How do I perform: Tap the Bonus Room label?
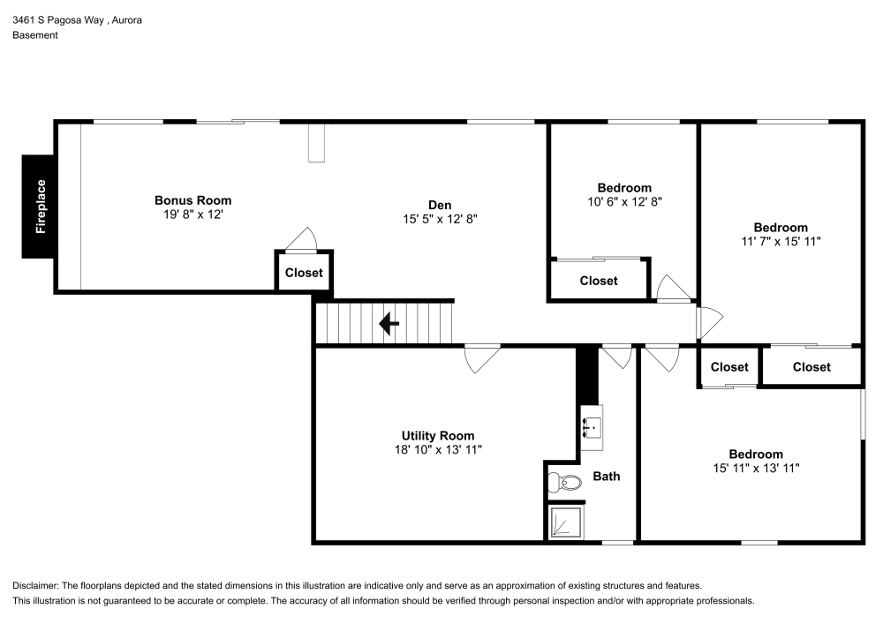point(192,200)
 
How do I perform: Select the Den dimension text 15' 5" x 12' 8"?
point(441,218)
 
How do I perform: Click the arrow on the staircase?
point(389,324)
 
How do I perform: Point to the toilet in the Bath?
point(565,483)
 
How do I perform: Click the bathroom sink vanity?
point(592,427)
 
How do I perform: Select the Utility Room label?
point(438,435)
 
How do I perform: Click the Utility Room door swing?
point(482,357)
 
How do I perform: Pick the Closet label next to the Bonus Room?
point(304,273)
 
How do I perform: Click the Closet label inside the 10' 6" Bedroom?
point(599,281)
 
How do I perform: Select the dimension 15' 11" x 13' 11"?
point(756,469)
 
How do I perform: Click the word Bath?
point(606,477)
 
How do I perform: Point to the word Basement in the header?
point(35,35)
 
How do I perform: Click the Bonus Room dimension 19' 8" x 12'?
point(192,214)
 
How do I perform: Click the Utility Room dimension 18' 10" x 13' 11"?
point(438,449)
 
